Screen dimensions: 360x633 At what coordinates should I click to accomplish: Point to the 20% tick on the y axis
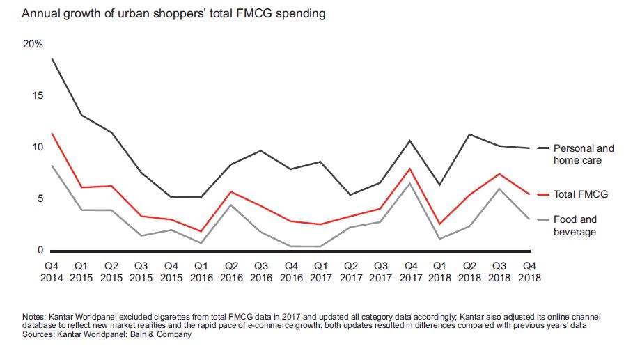click(33, 44)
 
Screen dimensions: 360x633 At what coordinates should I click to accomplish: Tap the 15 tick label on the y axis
click(37, 95)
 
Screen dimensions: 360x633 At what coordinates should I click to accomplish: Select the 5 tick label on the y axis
click(40, 198)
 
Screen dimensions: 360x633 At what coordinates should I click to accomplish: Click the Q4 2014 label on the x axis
click(52, 271)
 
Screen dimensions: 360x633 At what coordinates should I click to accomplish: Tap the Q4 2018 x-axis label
click(529, 271)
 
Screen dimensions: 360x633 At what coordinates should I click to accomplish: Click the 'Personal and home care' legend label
click(584, 154)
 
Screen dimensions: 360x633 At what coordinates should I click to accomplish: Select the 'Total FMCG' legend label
click(581, 194)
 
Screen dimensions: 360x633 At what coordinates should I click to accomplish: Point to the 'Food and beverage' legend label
click(575, 226)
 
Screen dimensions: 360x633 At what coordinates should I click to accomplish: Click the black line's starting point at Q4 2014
click(52, 58)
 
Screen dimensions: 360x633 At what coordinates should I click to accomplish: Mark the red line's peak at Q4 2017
click(410, 169)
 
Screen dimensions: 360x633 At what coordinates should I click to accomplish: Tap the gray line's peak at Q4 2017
click(410, 183)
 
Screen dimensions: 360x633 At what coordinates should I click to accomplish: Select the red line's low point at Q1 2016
click(201, 231)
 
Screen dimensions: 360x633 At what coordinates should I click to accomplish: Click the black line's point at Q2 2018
click(469, 134)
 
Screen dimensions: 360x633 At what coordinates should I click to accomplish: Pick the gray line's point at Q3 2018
click(499, 189)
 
